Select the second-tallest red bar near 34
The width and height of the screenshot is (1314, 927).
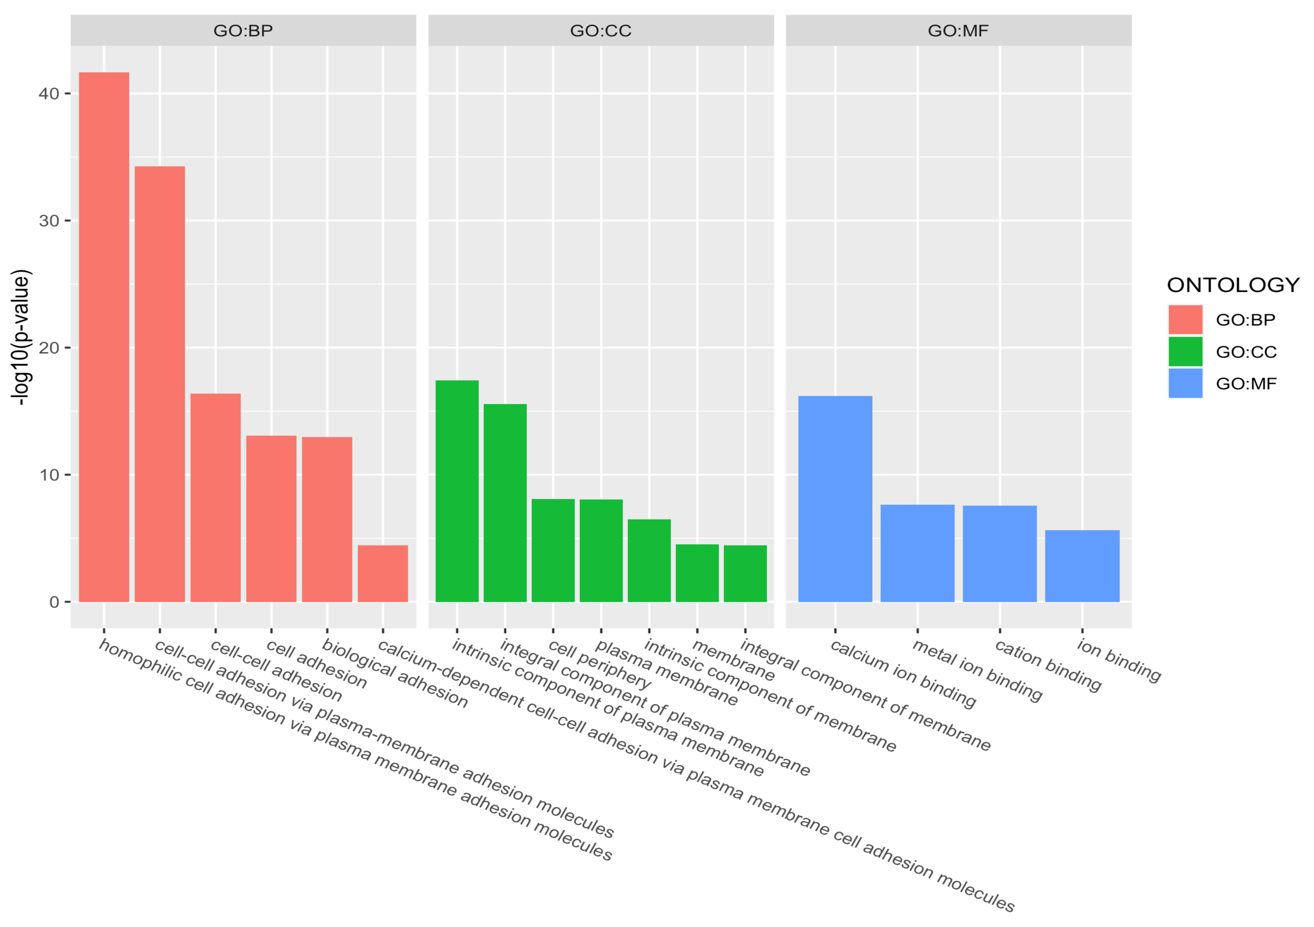(160, 384)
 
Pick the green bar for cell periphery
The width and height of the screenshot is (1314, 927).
(553, 550)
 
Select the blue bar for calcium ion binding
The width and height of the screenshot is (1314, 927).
(835, 499)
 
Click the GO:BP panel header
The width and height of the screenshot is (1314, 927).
(243, 31)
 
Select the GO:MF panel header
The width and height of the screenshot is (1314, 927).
(958, 31)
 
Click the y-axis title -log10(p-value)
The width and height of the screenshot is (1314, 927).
(21, 338)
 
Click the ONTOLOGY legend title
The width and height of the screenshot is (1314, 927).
(1233, 285)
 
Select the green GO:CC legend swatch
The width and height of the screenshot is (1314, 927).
(1185, 351)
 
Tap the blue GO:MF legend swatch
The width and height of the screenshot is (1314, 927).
(1185, 384)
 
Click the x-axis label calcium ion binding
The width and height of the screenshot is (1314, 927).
(902, 674)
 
